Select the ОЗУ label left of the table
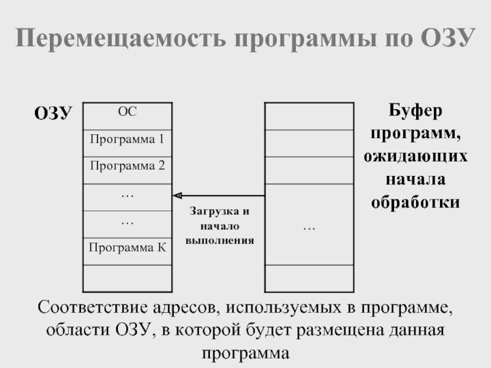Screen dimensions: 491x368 coord(53,113)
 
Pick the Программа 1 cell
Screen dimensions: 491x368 coord(127,139)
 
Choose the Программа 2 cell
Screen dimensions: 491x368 coord(127,166)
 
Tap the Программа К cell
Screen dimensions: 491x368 coord(127,248)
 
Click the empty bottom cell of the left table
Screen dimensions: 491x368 coord(127,278)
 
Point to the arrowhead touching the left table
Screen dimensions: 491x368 coord(177,195)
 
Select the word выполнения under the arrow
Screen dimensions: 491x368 coord(220,240)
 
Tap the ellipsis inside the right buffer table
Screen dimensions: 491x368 coord(309,228)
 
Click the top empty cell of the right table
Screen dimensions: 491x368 coord(309,116)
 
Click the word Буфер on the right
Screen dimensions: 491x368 coord(416,113)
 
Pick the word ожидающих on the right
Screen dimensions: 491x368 coord(416,158)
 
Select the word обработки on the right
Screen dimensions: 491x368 coord(416,202)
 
